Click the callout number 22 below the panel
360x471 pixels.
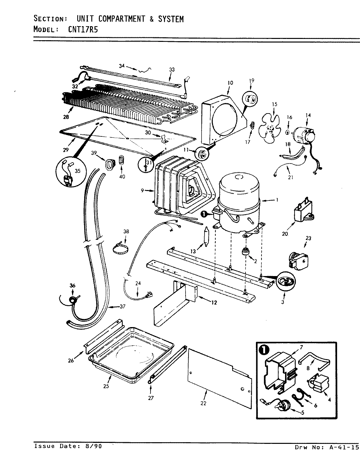203,403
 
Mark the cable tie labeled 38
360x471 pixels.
120,248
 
